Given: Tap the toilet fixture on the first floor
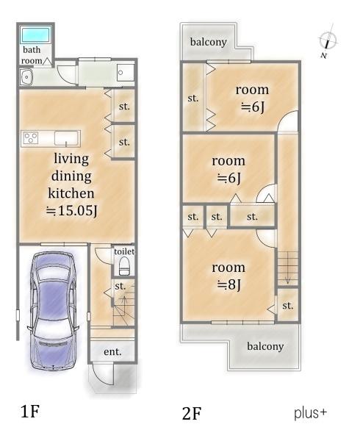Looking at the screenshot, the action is coord(124,267).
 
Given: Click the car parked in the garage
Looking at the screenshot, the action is coord(54,310).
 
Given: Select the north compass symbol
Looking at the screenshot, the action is coord(328,41).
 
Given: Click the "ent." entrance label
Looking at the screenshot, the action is coord(112,351).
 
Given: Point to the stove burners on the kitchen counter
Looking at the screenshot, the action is coord(31,138).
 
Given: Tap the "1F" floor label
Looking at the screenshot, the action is coord(30,412).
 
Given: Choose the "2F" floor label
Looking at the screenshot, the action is coord(192,414).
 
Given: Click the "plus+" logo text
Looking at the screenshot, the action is coord(310,413).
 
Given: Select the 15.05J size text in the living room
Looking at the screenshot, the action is coord(71,211).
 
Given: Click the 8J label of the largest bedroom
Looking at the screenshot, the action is coord(229,285).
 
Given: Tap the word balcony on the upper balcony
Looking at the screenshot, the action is coord(208,42).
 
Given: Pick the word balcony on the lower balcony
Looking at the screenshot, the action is coord(265,346).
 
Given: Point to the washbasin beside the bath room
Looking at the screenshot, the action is coord(26,76).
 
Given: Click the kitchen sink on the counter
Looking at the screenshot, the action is coord(67,139).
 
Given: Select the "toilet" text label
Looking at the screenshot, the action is coord(124,251).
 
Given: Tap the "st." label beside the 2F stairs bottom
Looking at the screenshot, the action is coord(288,306).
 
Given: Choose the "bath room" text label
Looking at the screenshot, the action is coord(32,55).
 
